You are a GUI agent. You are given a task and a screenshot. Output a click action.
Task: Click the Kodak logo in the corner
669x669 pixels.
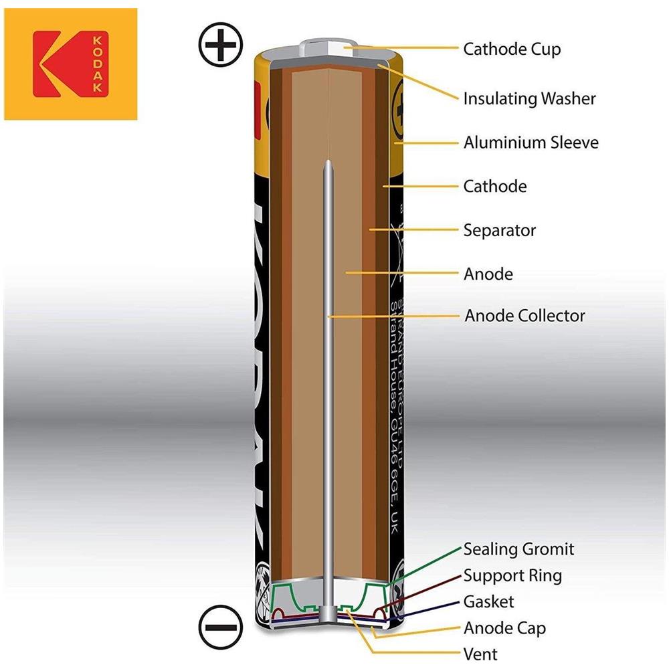coord(70,64)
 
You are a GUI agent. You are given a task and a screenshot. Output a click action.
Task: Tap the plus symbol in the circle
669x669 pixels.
coord(220,45)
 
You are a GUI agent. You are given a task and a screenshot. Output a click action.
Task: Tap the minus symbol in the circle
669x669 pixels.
coord(220,629)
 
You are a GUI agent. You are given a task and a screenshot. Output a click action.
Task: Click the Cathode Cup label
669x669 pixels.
coord(512,49)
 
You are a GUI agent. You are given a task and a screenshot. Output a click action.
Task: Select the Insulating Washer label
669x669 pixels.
coord(529,98)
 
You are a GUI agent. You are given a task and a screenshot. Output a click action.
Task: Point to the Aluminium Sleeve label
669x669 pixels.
coord(531,142)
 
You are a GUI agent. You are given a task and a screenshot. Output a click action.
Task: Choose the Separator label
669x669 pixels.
coord(499,230)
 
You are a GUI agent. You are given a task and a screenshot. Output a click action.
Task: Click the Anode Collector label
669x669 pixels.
coord(524,315)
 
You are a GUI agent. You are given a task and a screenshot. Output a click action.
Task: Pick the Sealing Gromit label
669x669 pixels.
coord(518,549)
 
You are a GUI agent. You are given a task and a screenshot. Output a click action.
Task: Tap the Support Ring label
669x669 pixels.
coord(512,575)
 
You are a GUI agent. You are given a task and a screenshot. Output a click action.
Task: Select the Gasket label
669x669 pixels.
coord(488,601)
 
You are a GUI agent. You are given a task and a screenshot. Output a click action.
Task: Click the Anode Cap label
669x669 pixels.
coord(504,628)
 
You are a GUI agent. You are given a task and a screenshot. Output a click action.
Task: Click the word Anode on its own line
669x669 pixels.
coord(488,274)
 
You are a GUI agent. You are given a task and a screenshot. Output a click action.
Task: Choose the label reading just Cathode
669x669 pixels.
coord(494,186)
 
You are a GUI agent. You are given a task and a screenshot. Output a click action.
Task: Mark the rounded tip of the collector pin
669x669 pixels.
coord(328,165)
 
